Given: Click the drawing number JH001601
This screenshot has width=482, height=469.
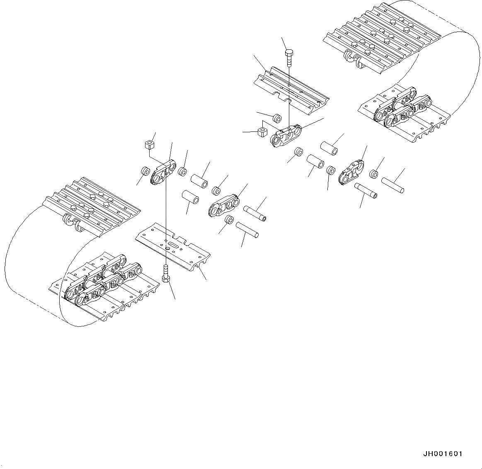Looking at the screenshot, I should (x=443, y=454).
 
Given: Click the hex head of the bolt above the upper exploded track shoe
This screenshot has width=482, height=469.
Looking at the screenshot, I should (x=289, y=53).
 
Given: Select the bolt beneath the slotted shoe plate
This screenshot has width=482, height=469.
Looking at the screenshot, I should (x=166, y=274).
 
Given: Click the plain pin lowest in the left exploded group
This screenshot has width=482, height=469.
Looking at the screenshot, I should (x=247, y=230).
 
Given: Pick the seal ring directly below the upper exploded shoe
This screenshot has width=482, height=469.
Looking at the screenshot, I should (x=277, y=118).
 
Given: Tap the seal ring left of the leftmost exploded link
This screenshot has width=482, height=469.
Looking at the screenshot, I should (x=145, y=171).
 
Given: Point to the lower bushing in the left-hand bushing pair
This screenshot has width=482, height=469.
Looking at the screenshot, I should (x=190, y=196).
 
